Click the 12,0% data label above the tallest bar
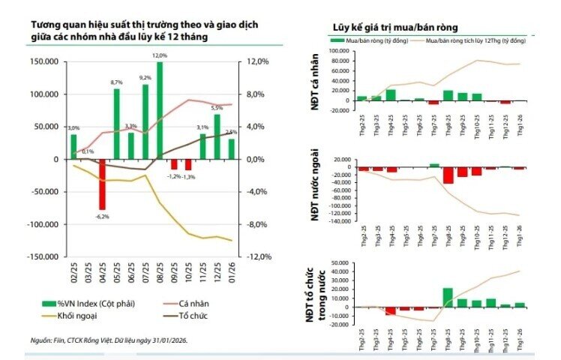160,55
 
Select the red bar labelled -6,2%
102,184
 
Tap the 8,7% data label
116,82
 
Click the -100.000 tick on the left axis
45,224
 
